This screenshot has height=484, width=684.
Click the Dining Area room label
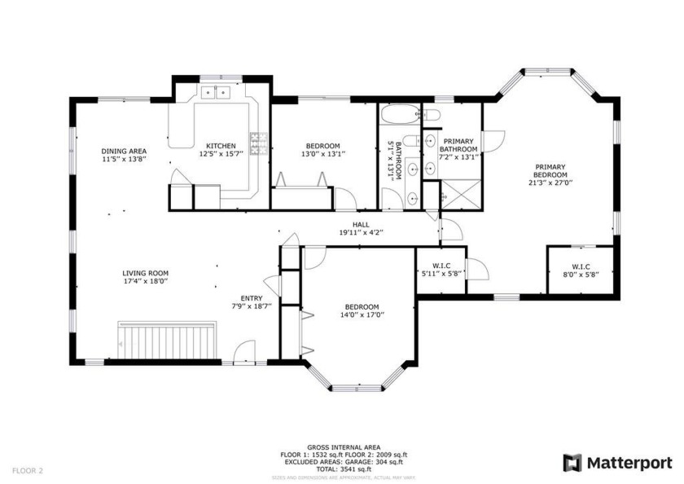click(124, 151)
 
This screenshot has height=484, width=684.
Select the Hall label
click(361, 225)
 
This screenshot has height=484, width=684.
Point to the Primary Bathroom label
click(459, 145)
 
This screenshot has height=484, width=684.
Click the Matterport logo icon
click(573, 462)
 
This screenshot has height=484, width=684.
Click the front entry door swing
click(243, 353)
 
